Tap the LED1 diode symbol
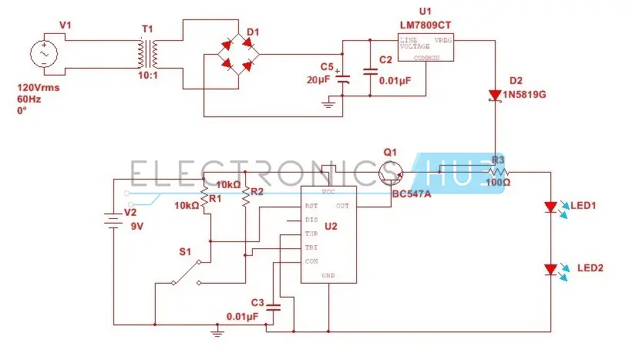tap(550, 207)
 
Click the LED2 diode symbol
tap(550, 270)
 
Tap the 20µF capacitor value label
tap(319, 80)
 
